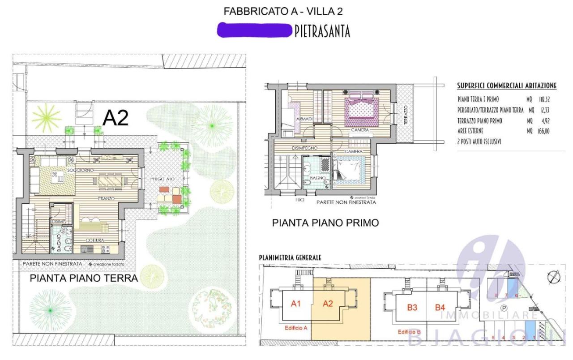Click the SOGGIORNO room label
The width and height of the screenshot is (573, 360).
[x=77, y=171]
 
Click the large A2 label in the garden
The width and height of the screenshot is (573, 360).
[x=115, y=118]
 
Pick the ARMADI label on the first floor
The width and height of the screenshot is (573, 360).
[x=304, y=119]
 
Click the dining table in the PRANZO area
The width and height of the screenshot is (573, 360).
[x=110, y=181]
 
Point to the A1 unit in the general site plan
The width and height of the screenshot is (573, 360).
[x=295, y=304]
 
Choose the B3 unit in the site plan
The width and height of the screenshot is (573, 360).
[x=412, y=307]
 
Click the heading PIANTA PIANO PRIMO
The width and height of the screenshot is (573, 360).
[x=325, y=223]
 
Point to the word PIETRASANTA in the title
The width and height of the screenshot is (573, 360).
[x=322, y=31]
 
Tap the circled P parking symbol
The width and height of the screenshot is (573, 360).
[x=504, y=308]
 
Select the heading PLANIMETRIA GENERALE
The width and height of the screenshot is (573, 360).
[x=290, y=257]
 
